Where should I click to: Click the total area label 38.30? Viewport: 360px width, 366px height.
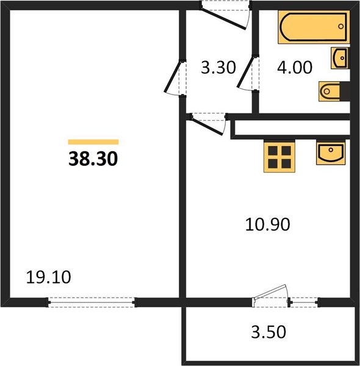pyautogui.click(x=93, y=159)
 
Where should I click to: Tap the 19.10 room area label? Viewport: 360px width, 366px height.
pyautogui.click(x=49, y=278)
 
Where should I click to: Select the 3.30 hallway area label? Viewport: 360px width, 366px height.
pyautogui.click(x=218, y=68)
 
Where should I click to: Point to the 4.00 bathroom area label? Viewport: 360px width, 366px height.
pyautogui.click(x=295, y=67)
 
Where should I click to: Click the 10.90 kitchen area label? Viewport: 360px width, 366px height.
pyautogui.click(x=267, y=224)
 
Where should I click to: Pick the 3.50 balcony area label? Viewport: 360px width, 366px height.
pyautogui.click(x=268, y=332)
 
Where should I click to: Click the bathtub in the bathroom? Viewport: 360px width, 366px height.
pyautogui.click(x=314, y=27)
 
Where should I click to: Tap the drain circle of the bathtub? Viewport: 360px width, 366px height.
pyautogui.click(x=341, y=26)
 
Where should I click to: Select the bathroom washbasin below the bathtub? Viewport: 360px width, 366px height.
pyautogui.click(x=340, y=58)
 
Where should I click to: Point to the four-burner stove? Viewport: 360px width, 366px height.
pyautogui.click(x=279, y=157)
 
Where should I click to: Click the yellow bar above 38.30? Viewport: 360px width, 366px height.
pyautogui.click(x=93, y=142)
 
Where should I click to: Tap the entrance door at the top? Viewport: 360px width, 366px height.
pyautogui.click(x=224, y=20)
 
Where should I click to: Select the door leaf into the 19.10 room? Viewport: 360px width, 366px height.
pyautogui.click(x=172, y=77)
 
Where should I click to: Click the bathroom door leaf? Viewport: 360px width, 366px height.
pyautogui.click(x=245, y=71)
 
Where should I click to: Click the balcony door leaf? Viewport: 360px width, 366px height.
pyautogui.click(x=270, y=292)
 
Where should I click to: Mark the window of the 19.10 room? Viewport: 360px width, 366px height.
pyautogui.click(x=92, y=303)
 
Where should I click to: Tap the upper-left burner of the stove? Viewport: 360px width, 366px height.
pyautogui.click(x=273, y=151)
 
